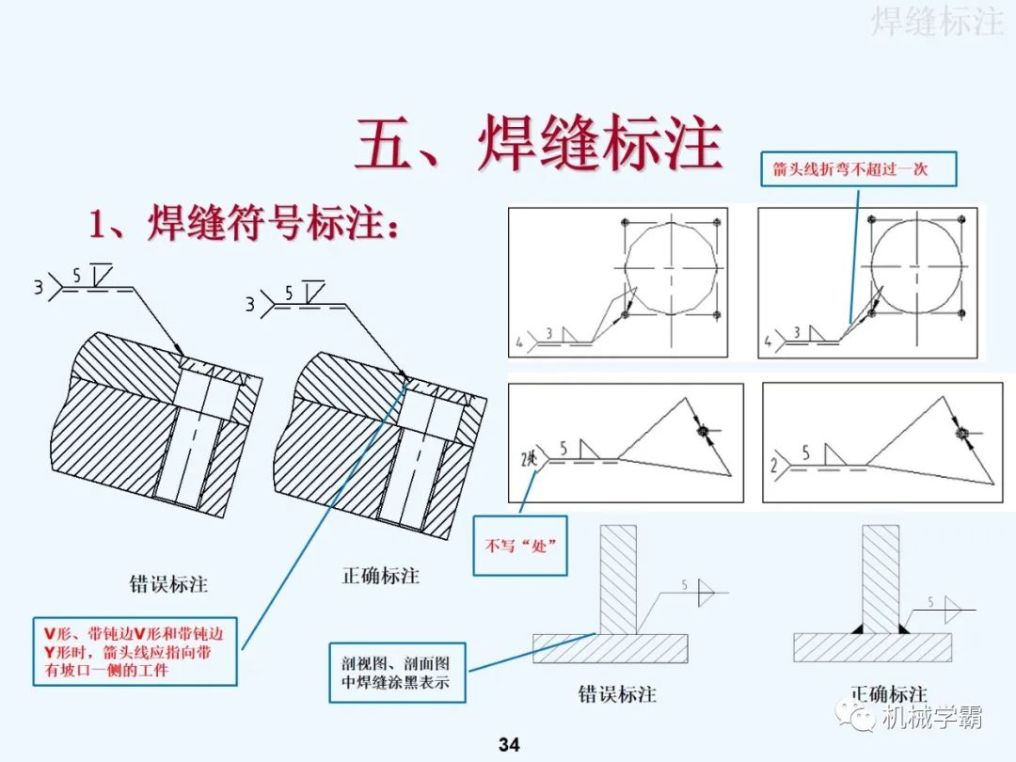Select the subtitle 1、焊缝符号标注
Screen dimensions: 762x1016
coord(245,226)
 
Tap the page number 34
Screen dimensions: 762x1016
coord(508,745)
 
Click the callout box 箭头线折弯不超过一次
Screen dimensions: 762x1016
coord(849,169)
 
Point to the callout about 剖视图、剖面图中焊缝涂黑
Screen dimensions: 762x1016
coord(397,672)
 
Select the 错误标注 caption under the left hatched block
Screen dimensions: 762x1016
coord(168,584)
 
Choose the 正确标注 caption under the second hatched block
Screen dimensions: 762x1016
coord(380,576)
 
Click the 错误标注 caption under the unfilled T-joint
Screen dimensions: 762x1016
coord(616,694)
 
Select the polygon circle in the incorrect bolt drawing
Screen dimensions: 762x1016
coord(670,267)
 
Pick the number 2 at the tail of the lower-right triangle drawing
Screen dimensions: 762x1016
coord(773,466)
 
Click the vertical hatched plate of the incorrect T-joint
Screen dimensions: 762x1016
coord(618,579)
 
